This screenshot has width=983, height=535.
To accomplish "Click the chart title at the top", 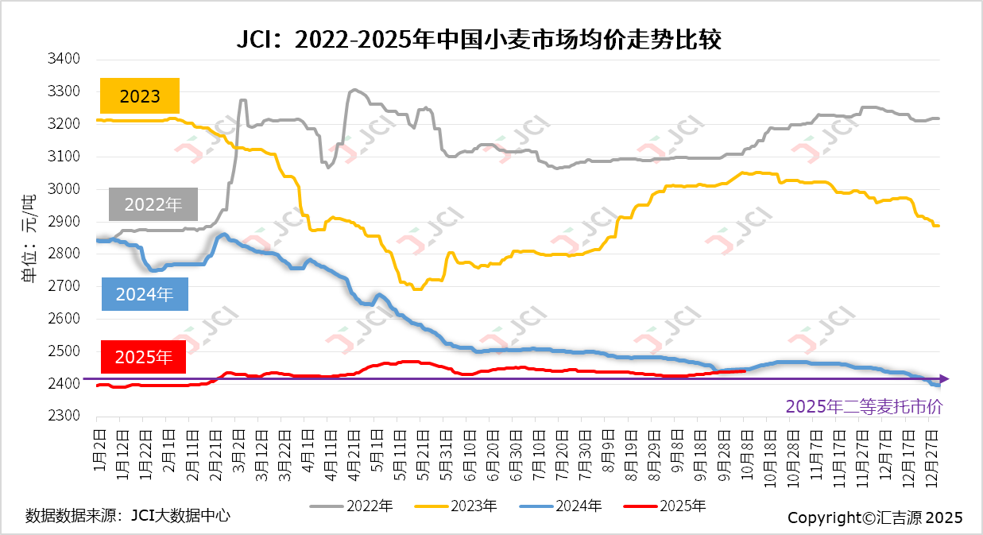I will pos(479,40).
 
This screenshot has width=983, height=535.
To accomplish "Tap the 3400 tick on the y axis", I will pos(65,59).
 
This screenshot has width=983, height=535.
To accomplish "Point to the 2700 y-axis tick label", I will pos(65,286).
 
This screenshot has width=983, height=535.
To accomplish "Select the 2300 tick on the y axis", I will pos(65,416).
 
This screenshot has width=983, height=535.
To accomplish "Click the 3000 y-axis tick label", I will pos(65,189).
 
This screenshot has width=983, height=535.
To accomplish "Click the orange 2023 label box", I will pos(140,96).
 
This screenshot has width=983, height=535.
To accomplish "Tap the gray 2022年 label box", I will pos(153,204).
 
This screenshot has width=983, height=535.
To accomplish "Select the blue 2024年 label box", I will pos(145,294).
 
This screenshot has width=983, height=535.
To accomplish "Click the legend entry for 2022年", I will pos(351,506).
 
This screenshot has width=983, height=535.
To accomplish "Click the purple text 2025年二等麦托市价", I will pos(864,406).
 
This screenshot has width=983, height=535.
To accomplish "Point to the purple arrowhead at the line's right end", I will pos(943,379).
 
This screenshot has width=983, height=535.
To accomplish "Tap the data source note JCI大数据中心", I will pos(128,515).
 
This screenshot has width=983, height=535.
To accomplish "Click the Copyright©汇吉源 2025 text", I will pos(875,518).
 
